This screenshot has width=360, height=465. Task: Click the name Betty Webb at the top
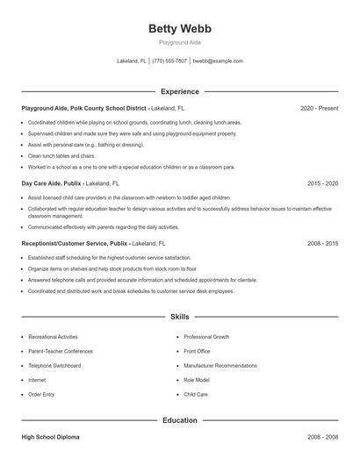click(179, 29)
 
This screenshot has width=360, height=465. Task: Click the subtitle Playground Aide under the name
click(179, 42)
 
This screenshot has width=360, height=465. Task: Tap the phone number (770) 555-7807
click(169, 61)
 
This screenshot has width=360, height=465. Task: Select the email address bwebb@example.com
click(218, 61)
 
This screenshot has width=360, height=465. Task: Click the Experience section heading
click(179, 91)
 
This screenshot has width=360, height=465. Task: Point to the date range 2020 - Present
click(319, 108)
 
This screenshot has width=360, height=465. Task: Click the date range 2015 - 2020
click(322, 183)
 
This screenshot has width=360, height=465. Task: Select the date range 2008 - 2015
click(322, 242)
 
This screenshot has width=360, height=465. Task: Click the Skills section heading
click(179, 316)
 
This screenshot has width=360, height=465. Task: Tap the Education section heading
click(179, 420)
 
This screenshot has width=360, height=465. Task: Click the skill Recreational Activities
click(53, 337)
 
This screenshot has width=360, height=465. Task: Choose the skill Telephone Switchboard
click(54, 365)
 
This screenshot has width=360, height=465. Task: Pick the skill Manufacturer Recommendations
click(220, 365)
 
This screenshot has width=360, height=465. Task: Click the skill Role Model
click(196, 380)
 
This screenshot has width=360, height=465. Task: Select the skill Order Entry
click(41, 394)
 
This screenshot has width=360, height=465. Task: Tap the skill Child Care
click(196, 394)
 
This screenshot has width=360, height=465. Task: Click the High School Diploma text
click(51, 436)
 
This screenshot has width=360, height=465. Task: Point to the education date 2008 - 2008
click(322, 436)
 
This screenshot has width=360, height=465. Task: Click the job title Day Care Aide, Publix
click(52, 183)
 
